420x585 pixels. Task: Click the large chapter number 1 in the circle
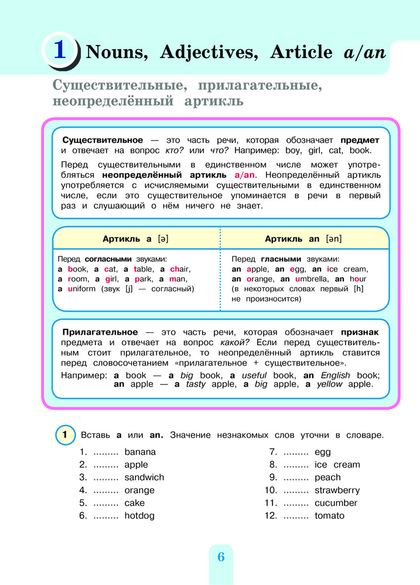[59, 50]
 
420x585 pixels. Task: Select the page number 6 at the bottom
[221, 557]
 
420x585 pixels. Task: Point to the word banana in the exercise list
[141, 452]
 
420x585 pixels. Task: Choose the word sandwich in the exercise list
[144, 477]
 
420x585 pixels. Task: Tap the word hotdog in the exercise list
[140, 515]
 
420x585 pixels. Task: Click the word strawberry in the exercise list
[337, 490]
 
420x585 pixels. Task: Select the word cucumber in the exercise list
[336, 503]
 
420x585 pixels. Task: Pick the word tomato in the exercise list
[329, 515]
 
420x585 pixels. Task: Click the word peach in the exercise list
[327, 477]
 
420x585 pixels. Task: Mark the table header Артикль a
[136, 239]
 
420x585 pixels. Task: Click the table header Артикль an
[303, 239]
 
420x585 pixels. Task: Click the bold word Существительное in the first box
[103, 140]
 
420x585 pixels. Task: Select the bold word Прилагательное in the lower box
[100, 332]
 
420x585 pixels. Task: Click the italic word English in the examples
[334, 375]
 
